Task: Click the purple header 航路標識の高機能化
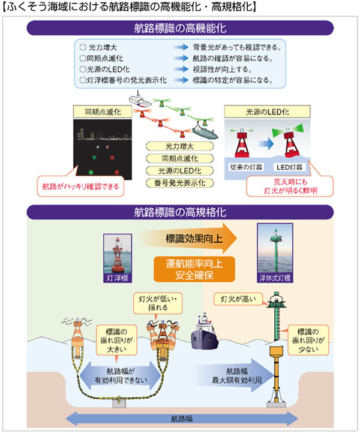[x=180, y=28]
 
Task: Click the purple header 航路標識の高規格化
[x=180, y=212]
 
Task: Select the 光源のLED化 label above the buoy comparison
[x=268, y=111]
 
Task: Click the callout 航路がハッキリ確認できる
[x=81, y=186]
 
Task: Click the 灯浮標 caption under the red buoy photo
[x=118, y=278]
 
